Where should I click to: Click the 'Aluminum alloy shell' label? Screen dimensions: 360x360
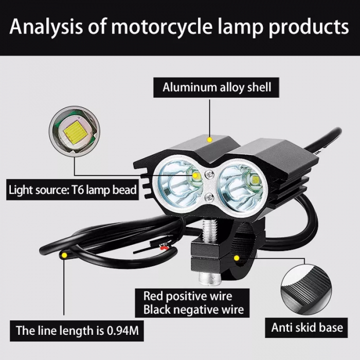(x=217, y=87)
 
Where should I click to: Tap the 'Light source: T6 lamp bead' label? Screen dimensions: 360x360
(x=73, y=190)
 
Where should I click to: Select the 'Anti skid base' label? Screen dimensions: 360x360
(x=307, y=328)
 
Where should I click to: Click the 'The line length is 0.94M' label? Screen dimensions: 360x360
(x=77, y=331)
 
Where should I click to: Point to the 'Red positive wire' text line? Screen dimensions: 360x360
(x=188, y=296)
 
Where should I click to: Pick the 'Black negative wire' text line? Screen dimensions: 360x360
(x=193, y=310)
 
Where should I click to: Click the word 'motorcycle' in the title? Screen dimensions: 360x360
(x=162, y=27)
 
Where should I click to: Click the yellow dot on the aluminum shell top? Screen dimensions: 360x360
(x=209, y=139)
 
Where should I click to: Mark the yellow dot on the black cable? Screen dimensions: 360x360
(x=64, y=255)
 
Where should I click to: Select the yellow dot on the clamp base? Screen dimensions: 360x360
(x=237, y=258)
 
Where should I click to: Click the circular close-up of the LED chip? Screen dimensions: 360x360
(x=75, y=131)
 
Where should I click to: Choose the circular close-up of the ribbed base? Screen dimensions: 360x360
(x=307, y=290)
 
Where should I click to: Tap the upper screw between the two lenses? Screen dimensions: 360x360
(x=210, y=175)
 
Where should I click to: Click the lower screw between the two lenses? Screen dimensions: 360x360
(x=209, y=197)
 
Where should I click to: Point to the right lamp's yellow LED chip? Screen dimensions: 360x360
(x=255, y=179)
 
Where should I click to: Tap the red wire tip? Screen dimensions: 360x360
(x=164, y=248)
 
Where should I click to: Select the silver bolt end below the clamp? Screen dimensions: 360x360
(x=209, y=279)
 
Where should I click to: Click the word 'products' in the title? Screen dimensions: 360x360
(x=309, y=27)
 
